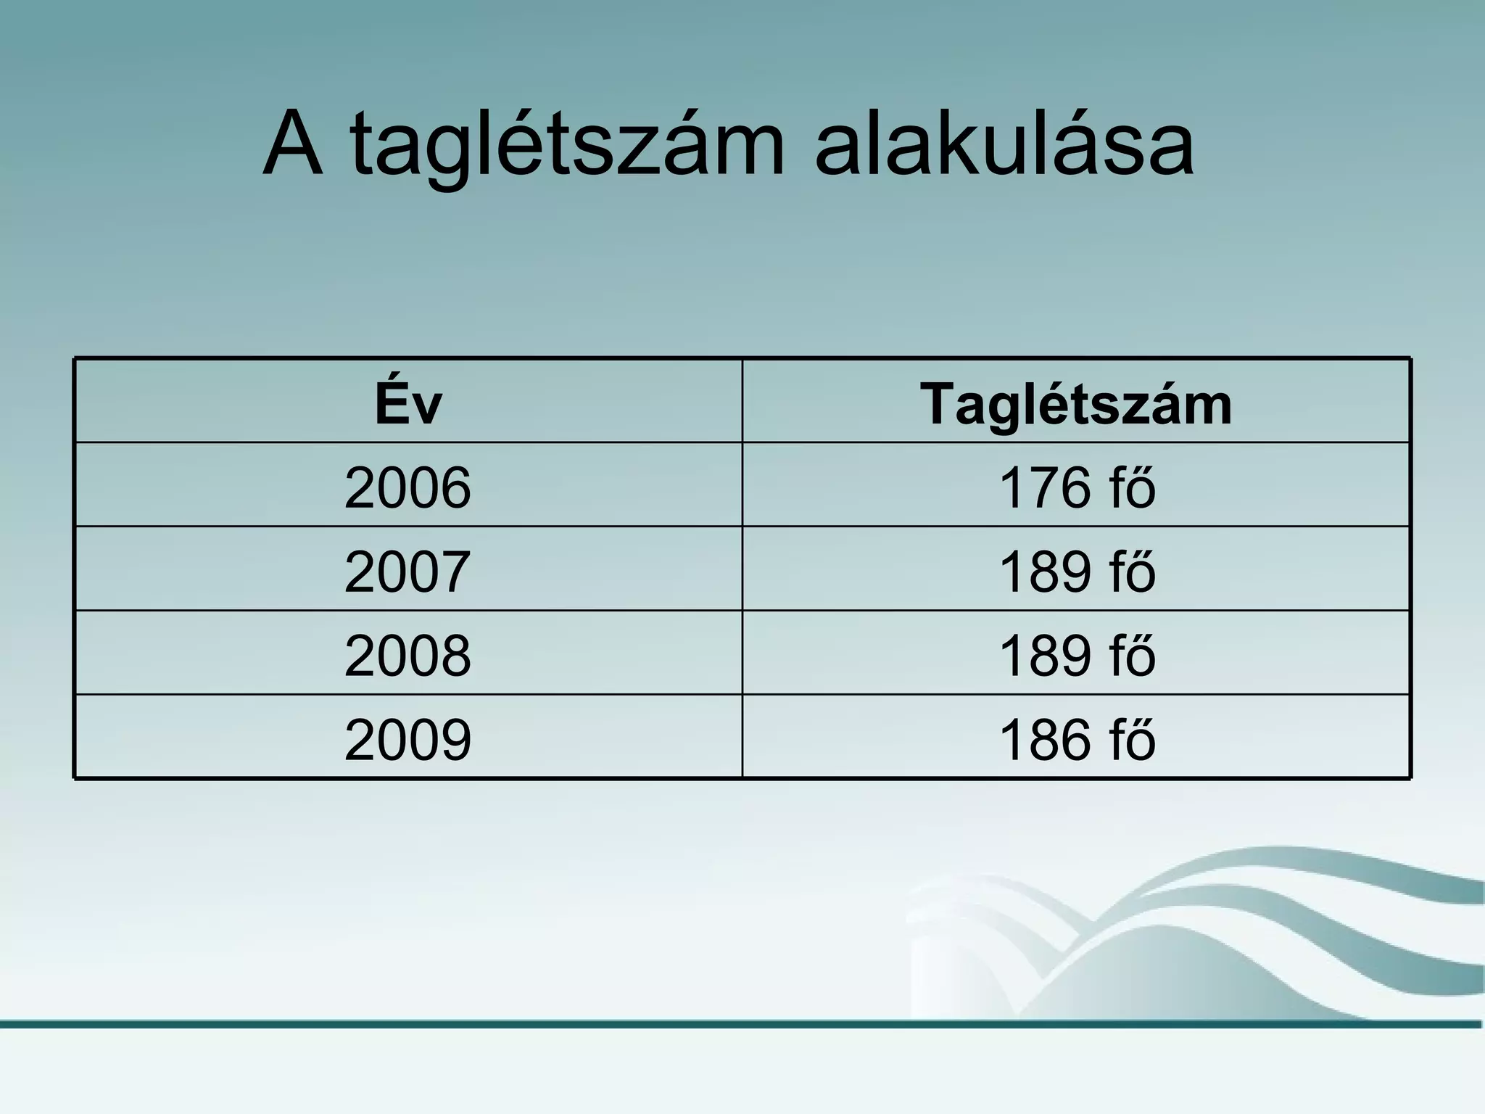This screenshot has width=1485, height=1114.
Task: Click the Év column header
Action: (x=408, y=403)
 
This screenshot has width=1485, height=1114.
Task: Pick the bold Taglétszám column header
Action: (x=1076, y=403)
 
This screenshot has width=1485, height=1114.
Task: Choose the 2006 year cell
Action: (x=408, y=487)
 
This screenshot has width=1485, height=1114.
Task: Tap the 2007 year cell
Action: (x=408, y=572)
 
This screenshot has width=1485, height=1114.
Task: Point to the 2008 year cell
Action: (x=408, y=656)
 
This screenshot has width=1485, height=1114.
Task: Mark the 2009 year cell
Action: (x=408, y=740)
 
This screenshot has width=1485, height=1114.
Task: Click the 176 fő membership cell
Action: (x=1077, y=487)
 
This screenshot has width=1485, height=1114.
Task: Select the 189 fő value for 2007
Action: (x=1077, y=572)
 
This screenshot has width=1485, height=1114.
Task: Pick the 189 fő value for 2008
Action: (x=1077, y=656)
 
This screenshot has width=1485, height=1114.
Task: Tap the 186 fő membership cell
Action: (x=1077, y=740)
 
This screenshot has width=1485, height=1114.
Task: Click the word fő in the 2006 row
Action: (x=1132, y=487)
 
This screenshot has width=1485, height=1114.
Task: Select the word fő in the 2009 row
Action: (x=1132, y=739)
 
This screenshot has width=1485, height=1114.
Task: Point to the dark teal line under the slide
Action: (x=742, y=1024)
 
